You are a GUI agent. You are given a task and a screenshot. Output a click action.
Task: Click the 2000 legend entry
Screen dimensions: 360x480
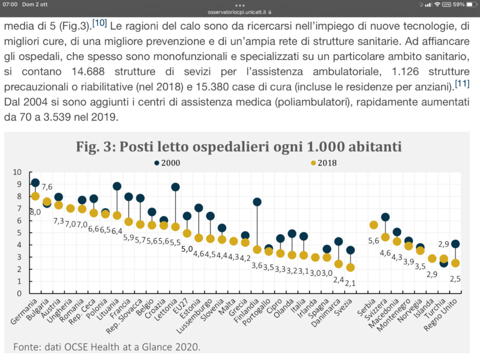[x=171, y=162]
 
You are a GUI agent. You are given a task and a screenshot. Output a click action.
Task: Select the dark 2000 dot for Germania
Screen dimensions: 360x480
[x=35, y=183]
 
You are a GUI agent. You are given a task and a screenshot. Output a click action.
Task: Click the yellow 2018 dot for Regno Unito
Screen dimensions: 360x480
[x=455, y=263]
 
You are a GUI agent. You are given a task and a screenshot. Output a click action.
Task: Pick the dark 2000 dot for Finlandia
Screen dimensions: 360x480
[x=257, y=202]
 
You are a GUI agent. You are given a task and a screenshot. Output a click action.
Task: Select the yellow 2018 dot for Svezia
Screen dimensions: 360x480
[x=350, y=268]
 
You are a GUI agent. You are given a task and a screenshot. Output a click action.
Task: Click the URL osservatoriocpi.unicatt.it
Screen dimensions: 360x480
[x=239, y=11]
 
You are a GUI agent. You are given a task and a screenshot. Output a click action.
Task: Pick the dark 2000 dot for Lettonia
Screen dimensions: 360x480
[x=175, y=187]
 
